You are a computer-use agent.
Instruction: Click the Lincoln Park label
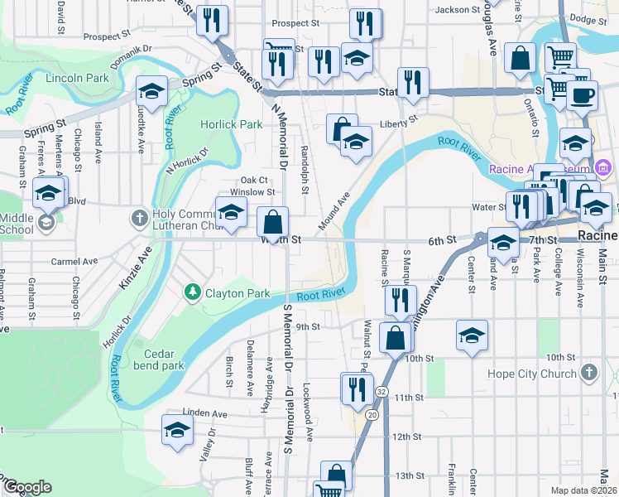pyautogui.click(x=79, y=78)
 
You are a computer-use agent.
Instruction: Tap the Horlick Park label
pyautogui.click(x=232, y=124)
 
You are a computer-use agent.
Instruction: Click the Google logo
pyautogui.click(x=27, y=487)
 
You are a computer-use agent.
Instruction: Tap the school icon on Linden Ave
pyautogui.click(x=177, y=430)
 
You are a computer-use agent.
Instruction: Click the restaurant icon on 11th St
pyautogui.click(x=358, y=388)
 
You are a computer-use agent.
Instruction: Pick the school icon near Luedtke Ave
pyautogui.click(x=151, y=91)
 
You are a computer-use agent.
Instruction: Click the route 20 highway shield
pyautogui.click(x=372, y=413)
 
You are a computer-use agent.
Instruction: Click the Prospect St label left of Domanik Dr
pyautogui.click(x=107, y=36)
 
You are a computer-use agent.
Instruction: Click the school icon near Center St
pyautogui.click(x=472, y=335)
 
